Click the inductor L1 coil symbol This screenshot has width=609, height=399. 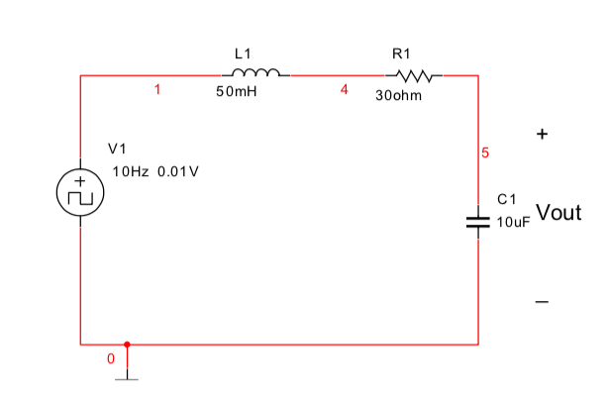point(255,72)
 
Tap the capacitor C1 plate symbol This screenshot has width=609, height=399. point(478,222)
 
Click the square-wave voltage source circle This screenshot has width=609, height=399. point(80,192)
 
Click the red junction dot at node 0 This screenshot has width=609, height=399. point(127,345)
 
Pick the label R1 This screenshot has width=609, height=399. point(402,52)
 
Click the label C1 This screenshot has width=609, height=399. point(507,200)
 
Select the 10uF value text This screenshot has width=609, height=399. point(514,223)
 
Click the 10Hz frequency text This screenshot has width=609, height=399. point(131,171)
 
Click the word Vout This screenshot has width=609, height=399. point(558,213)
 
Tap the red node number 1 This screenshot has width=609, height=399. point(157,90)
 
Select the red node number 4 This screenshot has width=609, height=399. point(344,90)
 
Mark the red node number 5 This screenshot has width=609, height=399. point(485,152)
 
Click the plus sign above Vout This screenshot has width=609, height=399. point(542,134)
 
